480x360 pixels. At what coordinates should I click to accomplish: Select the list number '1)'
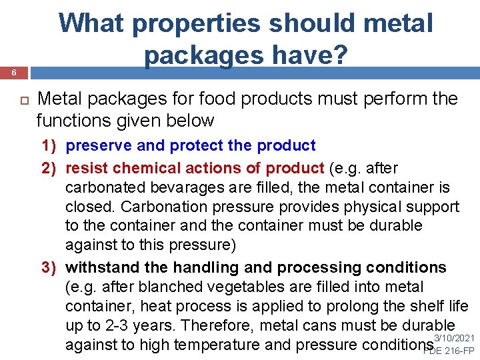51,145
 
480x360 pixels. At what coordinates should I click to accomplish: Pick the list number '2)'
51,167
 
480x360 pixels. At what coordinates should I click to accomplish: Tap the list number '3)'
51,268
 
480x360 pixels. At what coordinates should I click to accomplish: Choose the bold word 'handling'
203,268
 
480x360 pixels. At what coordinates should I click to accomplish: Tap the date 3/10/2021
455,338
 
